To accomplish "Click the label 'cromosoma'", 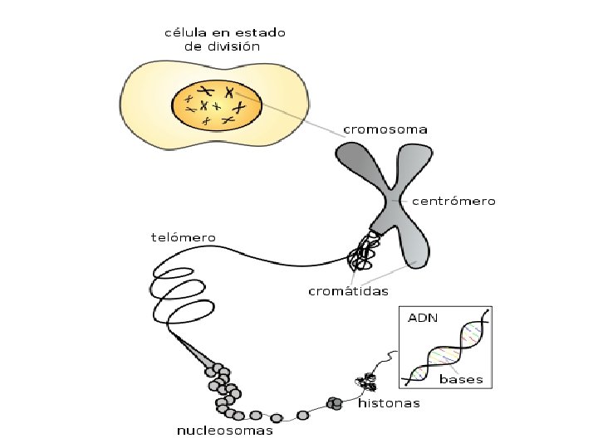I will (x=386, y=130).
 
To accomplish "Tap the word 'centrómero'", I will (x=454, y=202).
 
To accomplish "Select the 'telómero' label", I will (x=183, y=238).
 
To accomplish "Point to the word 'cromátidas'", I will (x=348, y=291).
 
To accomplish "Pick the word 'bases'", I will (x=461, y=379).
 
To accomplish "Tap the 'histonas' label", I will (x=389, y=404).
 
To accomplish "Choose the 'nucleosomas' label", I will (x=225, y=431).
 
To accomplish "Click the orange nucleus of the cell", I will (x=217, y=106).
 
